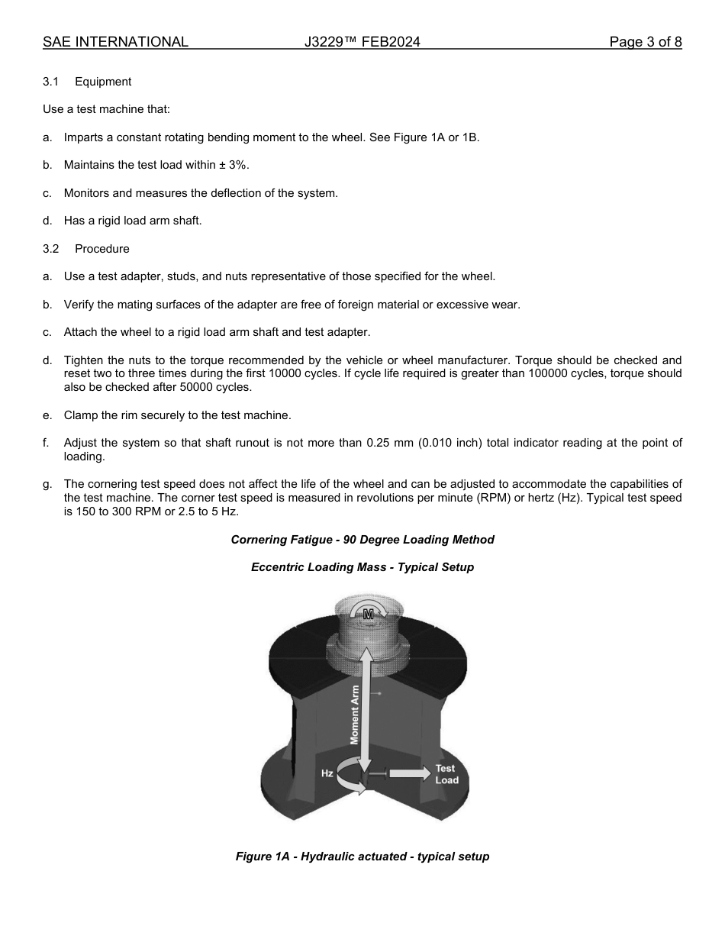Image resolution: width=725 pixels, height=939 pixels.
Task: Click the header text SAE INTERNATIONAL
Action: tap(115, 42)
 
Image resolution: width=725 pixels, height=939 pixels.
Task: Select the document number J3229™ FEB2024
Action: tap(362, 42)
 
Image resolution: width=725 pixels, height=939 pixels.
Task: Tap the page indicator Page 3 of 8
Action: tap(645, 42)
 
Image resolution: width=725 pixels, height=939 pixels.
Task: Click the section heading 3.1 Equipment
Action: tap(87, 82)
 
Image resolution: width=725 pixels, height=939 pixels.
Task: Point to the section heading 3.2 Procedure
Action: tap(86, 249)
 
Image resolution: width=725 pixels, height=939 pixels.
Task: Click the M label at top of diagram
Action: tap(369, 614)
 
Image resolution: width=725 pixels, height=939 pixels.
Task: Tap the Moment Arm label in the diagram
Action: tap(355, 714)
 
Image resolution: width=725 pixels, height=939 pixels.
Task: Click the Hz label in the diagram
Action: tap(327, 773)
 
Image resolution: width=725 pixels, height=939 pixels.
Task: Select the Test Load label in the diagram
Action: tap(446, 774)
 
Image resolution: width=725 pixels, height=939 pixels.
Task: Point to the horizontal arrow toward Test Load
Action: tap(409, 773)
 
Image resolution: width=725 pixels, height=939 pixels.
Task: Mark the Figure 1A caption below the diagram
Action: tap(362, 857)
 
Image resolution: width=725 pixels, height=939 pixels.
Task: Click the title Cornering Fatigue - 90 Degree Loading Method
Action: tap(362, 540)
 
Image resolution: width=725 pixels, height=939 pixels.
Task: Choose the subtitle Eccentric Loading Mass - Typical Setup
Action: tap(362, 567)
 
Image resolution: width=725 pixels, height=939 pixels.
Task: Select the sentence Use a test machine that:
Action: tap(106, 109)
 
